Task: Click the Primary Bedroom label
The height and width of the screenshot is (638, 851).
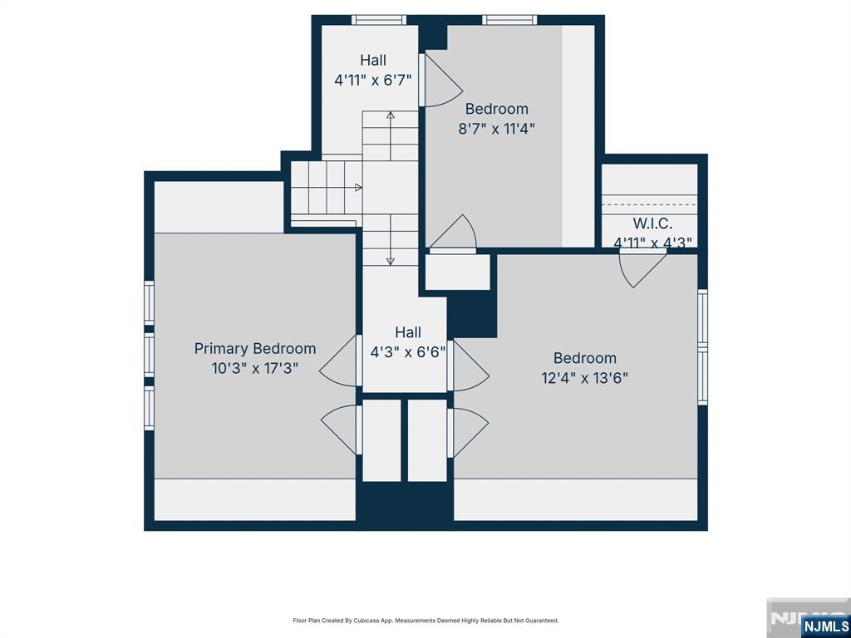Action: (255, 349)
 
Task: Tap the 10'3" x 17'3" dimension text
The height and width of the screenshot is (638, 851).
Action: (255, 369)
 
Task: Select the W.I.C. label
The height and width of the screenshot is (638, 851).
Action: (652, 223)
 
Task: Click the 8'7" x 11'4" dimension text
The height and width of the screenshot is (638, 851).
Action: (497, 129)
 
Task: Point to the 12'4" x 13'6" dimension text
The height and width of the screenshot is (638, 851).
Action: (584, 378)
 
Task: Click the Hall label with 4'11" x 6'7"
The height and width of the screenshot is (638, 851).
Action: (373, 60)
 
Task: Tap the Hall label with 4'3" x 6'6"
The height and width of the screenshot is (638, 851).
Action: (408, 332)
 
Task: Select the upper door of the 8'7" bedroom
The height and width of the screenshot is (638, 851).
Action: (440, 81)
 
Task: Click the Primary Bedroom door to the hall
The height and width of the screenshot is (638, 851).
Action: (339, 361)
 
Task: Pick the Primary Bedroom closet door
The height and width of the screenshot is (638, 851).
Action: (340, 429)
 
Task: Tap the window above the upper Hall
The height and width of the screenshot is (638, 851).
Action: (379, 20)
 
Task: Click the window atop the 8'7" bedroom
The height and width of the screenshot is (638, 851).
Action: (509, 20)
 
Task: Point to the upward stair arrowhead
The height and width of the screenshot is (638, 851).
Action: (391, 115)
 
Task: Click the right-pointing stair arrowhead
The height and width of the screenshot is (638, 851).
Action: (358, 188)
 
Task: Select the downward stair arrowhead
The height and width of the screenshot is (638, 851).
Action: (391, 262)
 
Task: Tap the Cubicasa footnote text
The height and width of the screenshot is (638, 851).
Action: (425, 621)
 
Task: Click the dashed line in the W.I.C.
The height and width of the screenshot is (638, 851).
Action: (649, 205)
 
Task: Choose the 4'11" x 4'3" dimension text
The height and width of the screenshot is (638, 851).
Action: (652, 243)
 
